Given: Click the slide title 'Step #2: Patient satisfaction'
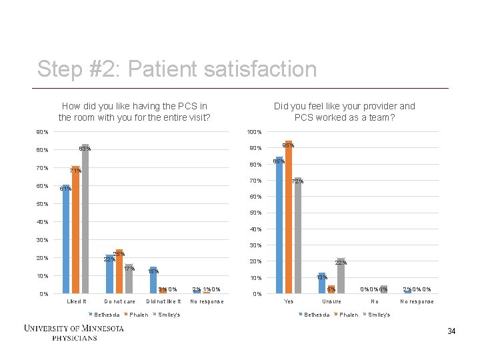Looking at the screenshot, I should pyautogui.click(x=177, y=69).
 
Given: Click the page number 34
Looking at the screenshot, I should pyautogui.click(x=451, y=331).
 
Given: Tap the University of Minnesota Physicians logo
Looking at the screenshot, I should pyautogui.click(x=73, y=333).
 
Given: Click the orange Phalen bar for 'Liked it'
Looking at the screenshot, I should pyautogui.click(x=75, y=229).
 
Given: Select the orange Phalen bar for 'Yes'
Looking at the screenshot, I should pyautogui.click(x=289, y=217).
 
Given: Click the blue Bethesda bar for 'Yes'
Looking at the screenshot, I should pyautogui.click(x=279, y=225).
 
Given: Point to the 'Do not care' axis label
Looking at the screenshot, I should pyautogui.click(x=120, y=301).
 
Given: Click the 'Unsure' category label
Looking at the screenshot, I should pyautogui.click(x=331, y=301).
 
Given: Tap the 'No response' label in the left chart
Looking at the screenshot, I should pyautogui.click(x=207, y=301).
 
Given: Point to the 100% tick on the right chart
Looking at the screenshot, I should pyautogui.click(x=254, y=131).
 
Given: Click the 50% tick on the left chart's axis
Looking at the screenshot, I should pyautogui.click(x=42, y=203).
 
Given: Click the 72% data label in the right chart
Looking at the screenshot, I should pyautogui.click(x=299, y=181).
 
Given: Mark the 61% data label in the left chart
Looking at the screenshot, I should pyautogui.click(x=65, y=189).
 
